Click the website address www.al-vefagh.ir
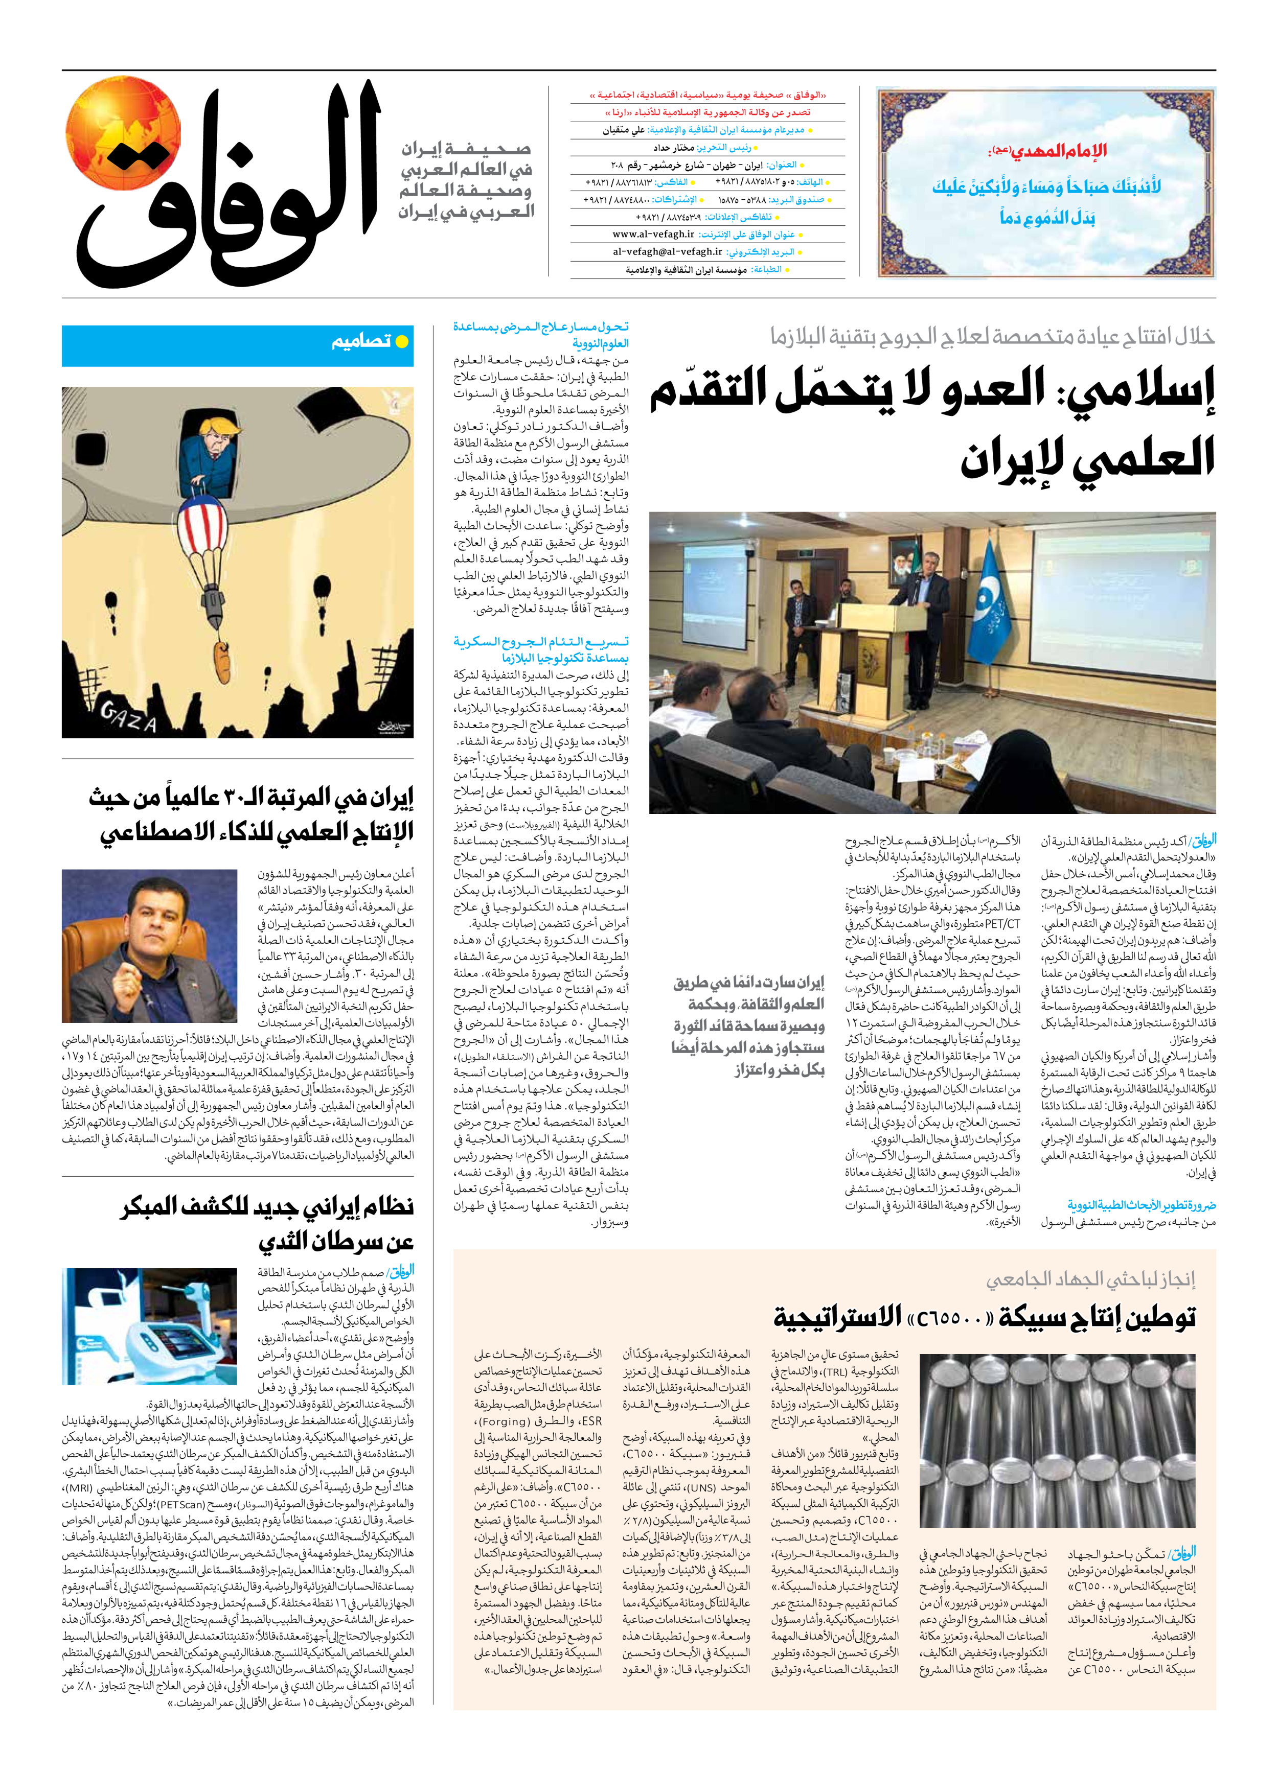(x=653, y=235)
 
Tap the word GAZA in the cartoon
(x=128, y=715)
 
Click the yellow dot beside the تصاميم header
(x=402, y=341)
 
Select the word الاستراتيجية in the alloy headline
(x=836, y=1317)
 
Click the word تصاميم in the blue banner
(x=360, y=341)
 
